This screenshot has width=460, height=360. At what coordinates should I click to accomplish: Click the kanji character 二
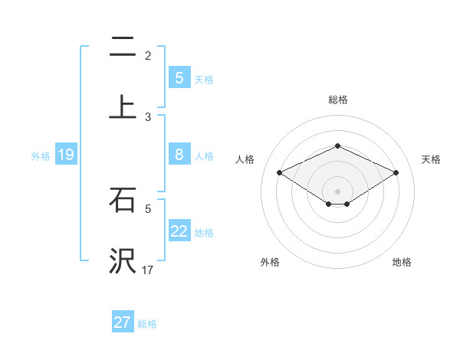click(123, 47)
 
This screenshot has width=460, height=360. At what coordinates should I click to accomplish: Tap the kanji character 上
click(123, 107)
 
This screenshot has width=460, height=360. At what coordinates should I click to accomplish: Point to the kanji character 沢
click(123, 261)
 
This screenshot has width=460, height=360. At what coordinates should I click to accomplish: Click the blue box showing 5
click(179, 78)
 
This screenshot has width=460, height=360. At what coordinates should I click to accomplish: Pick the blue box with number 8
click(179, 155)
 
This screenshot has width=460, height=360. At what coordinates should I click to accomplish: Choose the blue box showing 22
click(179, 232)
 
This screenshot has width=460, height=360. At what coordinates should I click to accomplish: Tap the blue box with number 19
click(65, 155)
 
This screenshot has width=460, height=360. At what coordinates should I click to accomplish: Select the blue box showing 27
click(122, 322)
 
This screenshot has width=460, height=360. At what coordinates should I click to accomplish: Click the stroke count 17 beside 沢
click(148, 270)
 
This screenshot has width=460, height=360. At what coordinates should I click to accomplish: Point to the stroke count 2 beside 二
click(148, 56)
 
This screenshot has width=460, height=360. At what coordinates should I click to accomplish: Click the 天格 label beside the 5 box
click(204, 79)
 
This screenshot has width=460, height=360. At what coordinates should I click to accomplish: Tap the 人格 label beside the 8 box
click(204, 156)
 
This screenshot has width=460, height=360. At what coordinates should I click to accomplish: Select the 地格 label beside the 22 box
click(204, 233)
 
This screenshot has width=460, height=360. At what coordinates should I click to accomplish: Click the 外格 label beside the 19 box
click(41, 156)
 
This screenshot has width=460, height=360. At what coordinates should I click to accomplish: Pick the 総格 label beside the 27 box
click(147, 323)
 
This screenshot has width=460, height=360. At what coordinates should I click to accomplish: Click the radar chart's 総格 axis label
click(337, 100)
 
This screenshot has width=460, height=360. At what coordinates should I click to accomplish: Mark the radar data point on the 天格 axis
click(396, 173)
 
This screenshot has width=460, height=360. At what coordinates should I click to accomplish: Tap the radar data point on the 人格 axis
click(279, 173)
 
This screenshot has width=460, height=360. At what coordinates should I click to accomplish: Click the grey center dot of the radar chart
click(337, 191)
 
